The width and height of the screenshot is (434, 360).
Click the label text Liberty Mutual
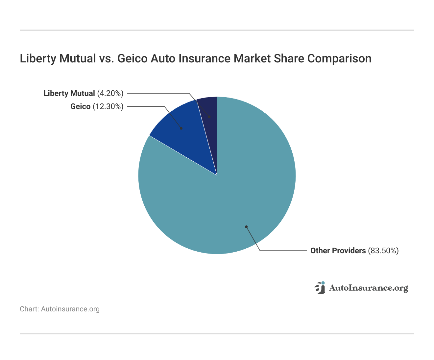coord(69,93)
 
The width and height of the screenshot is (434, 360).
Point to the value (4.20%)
coord(110,93)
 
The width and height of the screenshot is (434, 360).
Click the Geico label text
coord(80,106)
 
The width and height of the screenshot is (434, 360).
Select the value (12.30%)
coord(108,106)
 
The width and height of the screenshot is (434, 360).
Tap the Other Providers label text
coord(338,251)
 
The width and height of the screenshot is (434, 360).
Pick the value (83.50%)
coord(383,251)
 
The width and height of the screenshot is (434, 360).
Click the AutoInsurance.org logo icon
coord(320,288)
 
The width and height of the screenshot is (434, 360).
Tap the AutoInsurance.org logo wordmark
coord(368,288)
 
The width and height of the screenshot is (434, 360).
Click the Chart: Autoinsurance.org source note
coord(60,309)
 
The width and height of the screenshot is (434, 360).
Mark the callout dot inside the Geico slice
coord(181,128)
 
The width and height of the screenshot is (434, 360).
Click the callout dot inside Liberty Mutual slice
coord(209,117)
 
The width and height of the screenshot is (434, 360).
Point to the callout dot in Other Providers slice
coord(246,227)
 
